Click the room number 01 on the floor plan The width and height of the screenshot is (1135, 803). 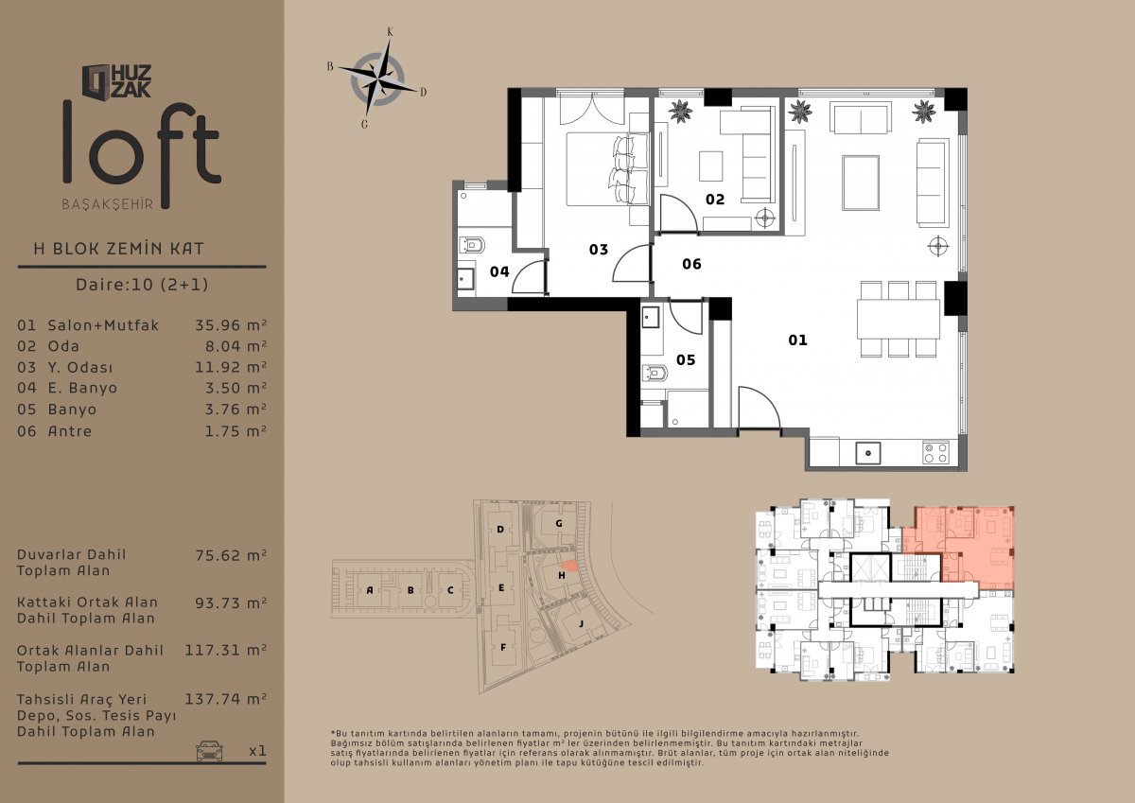tap(797, 340)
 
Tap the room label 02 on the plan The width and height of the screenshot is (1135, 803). tap(715, 200)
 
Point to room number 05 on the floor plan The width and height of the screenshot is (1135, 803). tap(686, 359)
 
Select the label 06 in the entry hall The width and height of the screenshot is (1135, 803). tap(691, 264)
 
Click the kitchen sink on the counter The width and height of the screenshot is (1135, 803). tap(868, 453)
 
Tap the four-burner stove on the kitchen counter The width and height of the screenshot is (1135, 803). tap(935, 453)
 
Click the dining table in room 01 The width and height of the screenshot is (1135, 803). tap(899, 319)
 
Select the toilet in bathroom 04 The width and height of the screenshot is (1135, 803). tap(471, 246)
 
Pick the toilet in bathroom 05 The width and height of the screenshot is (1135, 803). tap(655, 374)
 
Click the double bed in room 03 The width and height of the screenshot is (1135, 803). tap(607, 169)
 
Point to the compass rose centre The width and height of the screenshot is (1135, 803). tap(377, 79)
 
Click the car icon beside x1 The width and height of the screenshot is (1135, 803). tap(209, 751)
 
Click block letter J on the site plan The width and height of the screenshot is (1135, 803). tap(581, 623)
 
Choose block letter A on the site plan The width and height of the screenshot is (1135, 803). tap(370, 589)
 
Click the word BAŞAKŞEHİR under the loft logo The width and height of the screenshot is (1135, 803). tap(108, 204)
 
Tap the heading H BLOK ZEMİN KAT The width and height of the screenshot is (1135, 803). tap(118, 249)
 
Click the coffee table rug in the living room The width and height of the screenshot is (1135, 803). tap(861, 183)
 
